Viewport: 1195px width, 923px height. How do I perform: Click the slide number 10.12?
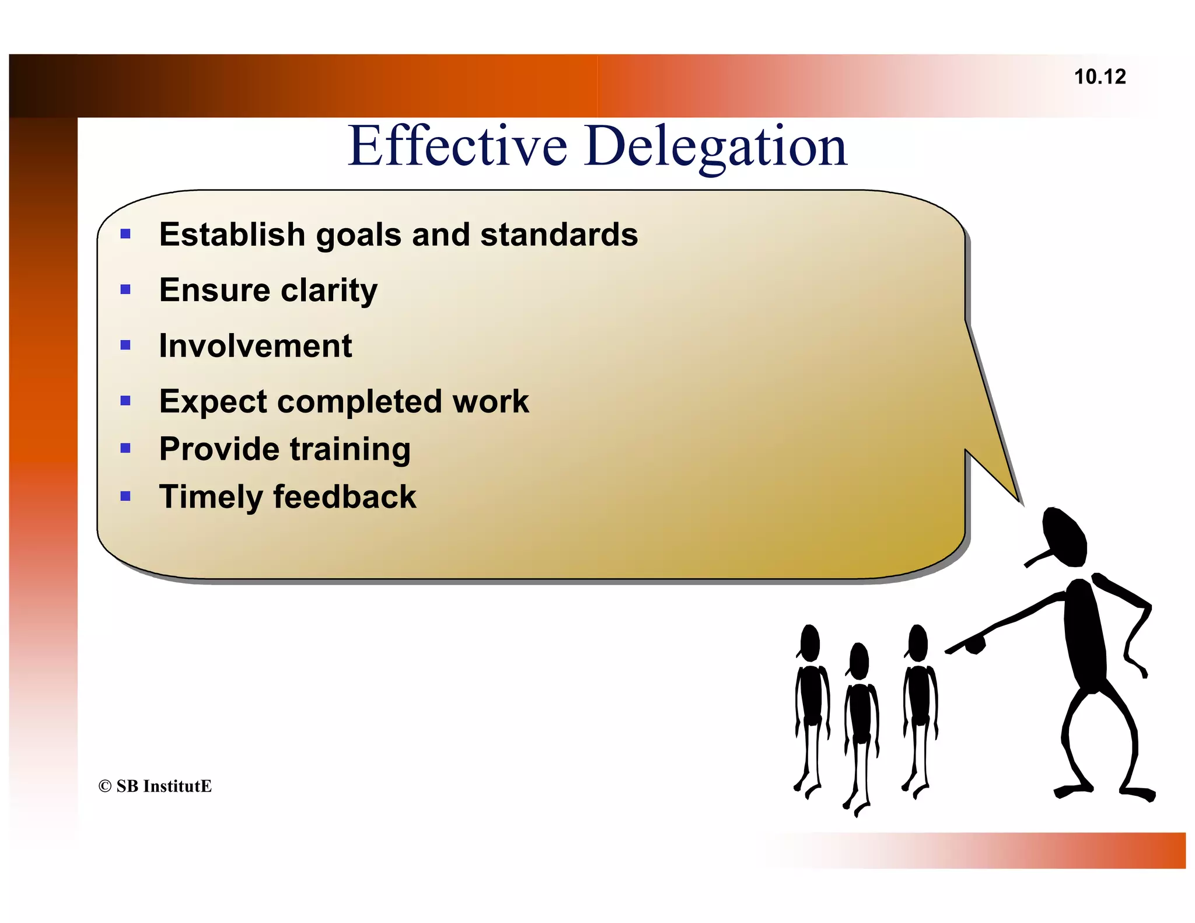1099,77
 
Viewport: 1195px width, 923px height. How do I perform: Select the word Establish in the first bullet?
231,235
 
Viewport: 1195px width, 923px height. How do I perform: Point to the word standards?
559,235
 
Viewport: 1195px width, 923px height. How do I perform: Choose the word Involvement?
256,345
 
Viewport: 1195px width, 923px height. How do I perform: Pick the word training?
350,449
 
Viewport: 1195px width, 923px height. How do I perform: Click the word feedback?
345,497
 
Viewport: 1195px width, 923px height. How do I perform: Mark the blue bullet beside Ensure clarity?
125,289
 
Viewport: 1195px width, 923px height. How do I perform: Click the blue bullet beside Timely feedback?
125,497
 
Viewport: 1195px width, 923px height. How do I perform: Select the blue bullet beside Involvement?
125,345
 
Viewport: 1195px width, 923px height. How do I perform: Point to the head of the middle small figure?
859,660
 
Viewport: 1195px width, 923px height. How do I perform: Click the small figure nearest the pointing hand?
920,706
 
